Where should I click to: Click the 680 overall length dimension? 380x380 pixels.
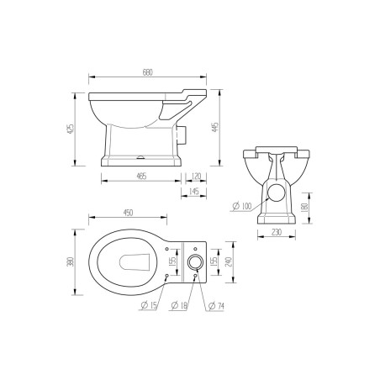148,71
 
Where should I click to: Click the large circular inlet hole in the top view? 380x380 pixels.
195,262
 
